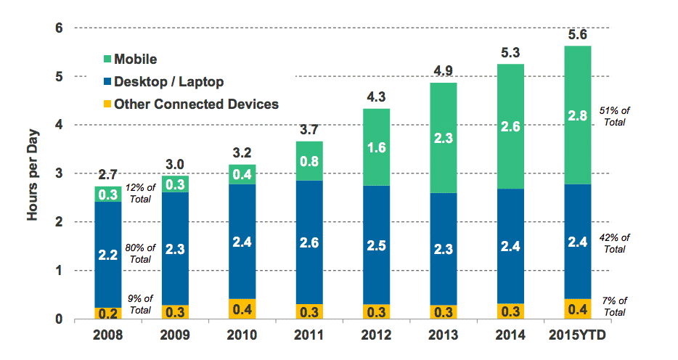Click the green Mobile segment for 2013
tap(443, 138)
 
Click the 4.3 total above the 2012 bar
tap(376, 97)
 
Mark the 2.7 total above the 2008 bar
tap(107, 174)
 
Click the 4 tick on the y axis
tap(57, 126)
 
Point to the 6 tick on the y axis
tap(57, 28)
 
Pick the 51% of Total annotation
tap(615, 116)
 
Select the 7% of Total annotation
tap(615, 306)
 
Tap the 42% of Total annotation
tap(615, 242)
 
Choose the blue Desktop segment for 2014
tap(510, 246)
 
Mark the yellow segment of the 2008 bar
tap(107, 314)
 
